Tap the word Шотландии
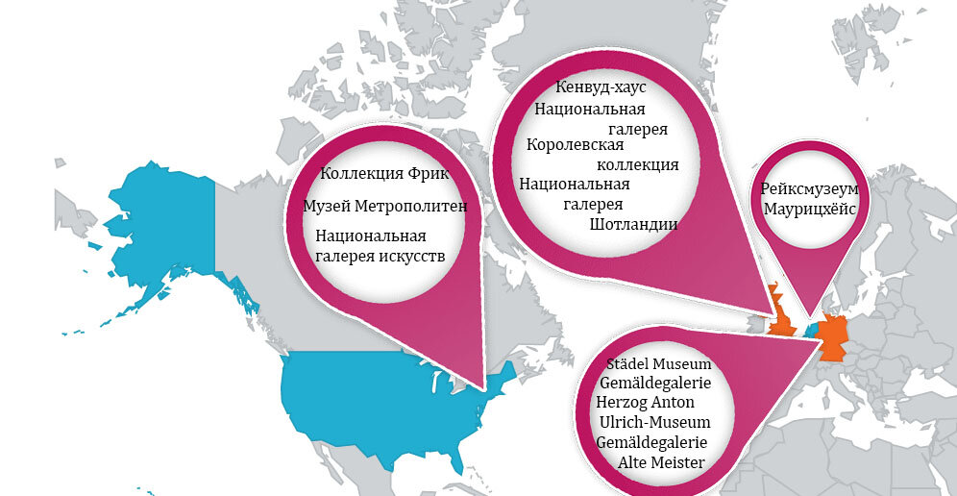point(634,225)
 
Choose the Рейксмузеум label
point(809,189)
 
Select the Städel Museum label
point(658,365)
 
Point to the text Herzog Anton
point(643,403)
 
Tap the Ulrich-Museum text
point(653,423)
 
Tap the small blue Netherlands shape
point(812,328)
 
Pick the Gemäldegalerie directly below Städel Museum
point(654,384)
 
